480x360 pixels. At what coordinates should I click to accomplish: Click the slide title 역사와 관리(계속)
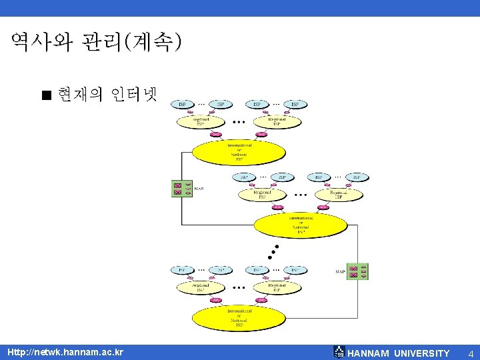pos(96,43)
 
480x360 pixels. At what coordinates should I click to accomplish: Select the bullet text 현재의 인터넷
pos(107,95)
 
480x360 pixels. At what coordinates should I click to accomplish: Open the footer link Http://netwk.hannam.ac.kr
pos(65,351)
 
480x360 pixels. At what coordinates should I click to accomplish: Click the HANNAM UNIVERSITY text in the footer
pos(399,353)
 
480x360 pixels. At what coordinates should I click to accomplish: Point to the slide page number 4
pos(471,353)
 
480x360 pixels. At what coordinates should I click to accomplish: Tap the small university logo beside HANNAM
pos(339,352)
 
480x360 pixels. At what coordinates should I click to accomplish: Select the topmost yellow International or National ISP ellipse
pos(239,152)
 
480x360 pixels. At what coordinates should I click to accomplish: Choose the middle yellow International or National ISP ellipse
pos(301,225)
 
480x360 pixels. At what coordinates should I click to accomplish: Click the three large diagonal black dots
pos(272,251)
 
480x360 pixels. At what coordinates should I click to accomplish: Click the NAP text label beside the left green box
pos(199,189)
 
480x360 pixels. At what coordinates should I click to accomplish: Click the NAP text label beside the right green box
pos(340,271)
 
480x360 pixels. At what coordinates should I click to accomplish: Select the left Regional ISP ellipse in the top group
pos(201,122)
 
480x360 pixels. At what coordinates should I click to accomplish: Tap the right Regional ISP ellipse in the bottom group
pos(275,287)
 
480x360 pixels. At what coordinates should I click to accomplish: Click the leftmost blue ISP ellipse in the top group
pos(182,104)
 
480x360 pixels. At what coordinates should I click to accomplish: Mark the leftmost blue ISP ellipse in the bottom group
pos(182,270)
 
